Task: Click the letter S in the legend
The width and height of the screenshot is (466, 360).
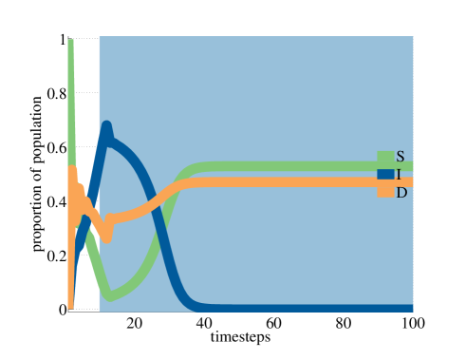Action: [400, 157]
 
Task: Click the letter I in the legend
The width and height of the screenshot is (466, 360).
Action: [399, 175]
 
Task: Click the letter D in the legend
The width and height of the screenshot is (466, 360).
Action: [401, 193]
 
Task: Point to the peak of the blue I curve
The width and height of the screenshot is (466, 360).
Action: [106, 125]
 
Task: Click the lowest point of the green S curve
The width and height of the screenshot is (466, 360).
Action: [110, 296]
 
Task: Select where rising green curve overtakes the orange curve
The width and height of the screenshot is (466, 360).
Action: [174, 184]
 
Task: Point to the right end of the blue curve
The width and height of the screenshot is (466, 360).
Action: [411, 308]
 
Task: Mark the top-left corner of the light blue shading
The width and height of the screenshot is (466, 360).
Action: [99, 37]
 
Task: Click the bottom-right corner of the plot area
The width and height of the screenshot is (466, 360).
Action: [413, 311]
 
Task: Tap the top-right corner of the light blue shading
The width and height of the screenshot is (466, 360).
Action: [413, 37]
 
